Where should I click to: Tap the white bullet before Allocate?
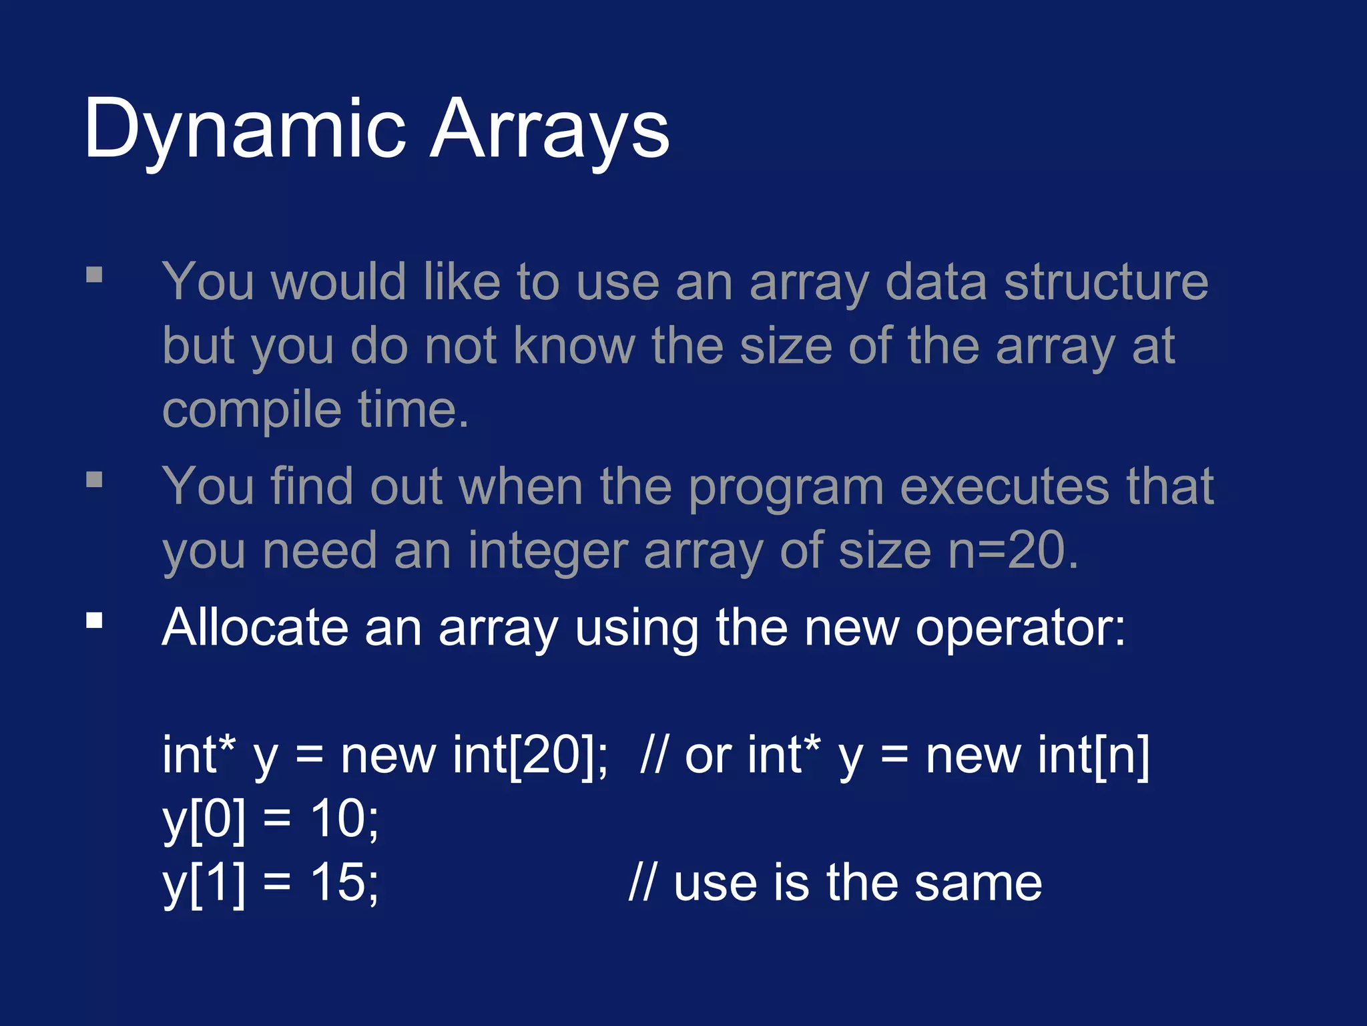pyautogui.click(x=94, y=621)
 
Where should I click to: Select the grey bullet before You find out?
pyautogui.click(x=94, y=480)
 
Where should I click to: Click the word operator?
pyautogui.click(x=1021, y=628)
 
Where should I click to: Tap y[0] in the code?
pyautogui.click(x=204, y=820)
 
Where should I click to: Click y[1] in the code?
pyautogui.click(x=204, y=884)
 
